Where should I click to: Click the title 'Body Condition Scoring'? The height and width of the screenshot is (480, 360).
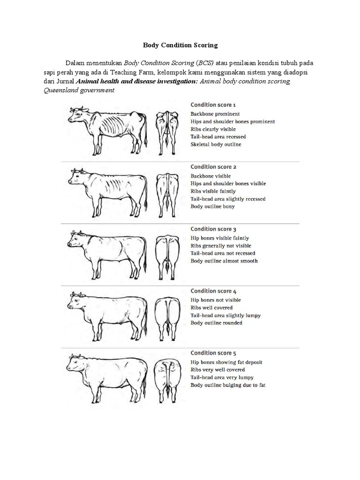(x=180, y=45)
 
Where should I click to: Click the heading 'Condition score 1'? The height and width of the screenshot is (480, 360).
(x=213, y=105)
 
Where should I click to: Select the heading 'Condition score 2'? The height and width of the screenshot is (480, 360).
(x=213, y=167)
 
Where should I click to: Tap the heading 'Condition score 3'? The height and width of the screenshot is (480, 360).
(x=213, y=229)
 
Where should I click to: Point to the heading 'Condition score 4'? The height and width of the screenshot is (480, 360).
(x=213, y=291)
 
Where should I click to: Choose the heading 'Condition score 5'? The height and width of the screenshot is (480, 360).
(x=213, y=353)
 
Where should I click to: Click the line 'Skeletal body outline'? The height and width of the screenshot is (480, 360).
(x=216, y=144)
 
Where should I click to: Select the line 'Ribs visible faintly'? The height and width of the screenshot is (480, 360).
(x=213, y=191)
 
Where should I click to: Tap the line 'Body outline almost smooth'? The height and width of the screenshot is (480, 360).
(x=224, y=261)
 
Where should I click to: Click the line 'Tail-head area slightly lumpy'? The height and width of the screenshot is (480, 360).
(x=225, y=315)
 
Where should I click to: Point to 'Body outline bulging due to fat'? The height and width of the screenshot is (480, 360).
(x=228, y=385)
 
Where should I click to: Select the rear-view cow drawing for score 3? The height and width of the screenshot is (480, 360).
(x=167, y=255)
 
